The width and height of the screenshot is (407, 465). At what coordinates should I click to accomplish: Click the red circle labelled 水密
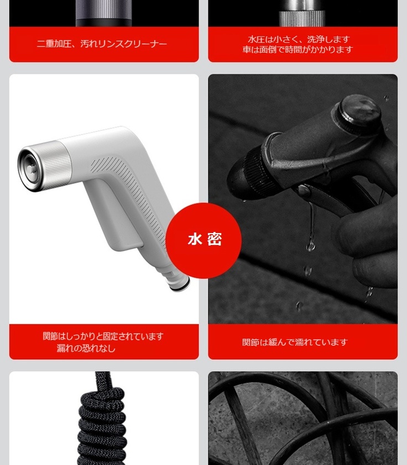203,240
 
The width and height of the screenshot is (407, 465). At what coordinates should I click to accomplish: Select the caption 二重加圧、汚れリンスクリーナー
102,44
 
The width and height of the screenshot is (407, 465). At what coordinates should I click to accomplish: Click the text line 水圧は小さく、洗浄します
299,39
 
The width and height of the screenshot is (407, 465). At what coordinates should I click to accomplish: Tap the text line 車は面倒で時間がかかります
298,49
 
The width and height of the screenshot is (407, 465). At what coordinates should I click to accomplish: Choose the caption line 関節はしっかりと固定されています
103,336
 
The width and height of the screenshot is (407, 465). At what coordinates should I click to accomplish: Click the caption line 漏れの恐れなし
86,348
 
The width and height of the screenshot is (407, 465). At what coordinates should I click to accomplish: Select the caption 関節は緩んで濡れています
295,342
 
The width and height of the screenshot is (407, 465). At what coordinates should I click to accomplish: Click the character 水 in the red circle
195,239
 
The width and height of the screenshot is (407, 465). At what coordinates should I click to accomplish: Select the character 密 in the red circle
215,239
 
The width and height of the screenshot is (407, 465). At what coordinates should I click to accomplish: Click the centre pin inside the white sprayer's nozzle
31,169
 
